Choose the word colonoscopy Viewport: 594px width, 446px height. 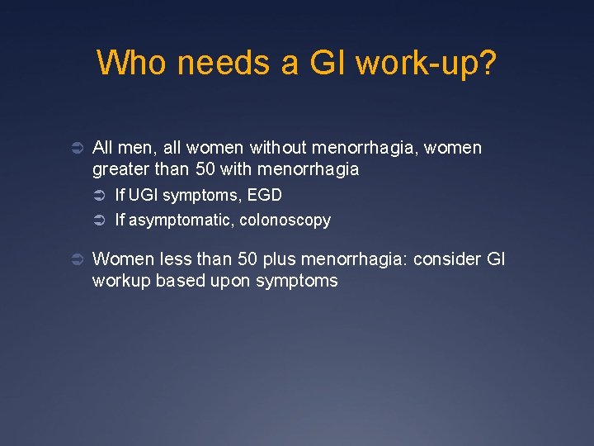tap(285, 220)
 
